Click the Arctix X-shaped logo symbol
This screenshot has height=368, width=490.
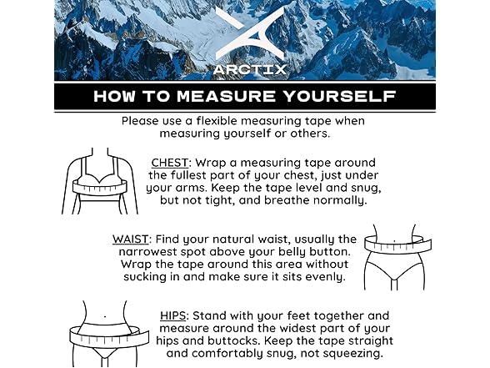click(243, 30)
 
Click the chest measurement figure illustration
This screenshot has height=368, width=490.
click(99, 181)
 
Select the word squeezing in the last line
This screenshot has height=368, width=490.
click(352, 354)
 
